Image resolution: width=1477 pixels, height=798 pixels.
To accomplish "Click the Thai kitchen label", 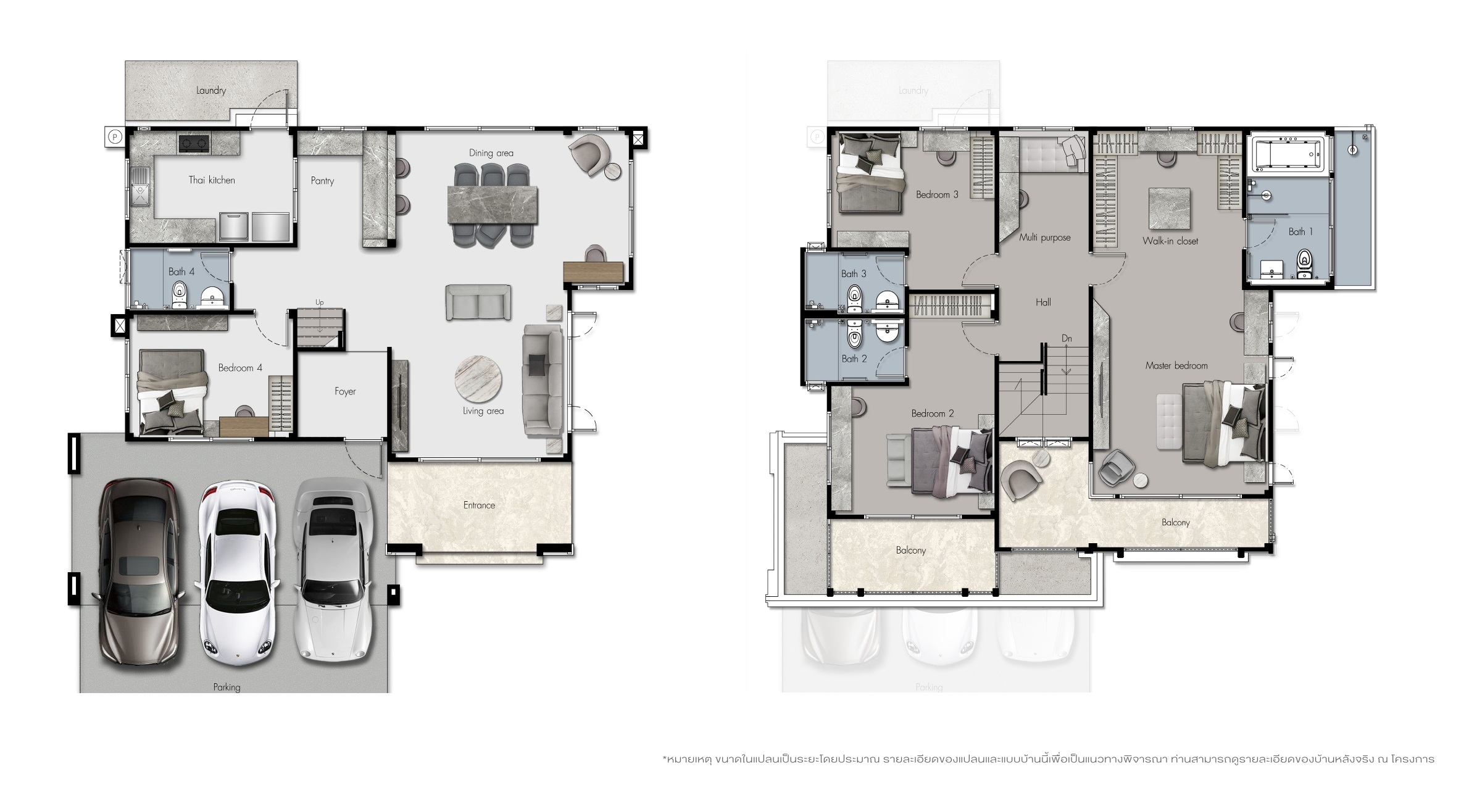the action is pos(212,180).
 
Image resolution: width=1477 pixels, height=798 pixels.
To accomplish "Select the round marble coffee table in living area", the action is pos(478,378).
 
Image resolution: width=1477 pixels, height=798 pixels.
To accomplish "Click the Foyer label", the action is pos(345,391).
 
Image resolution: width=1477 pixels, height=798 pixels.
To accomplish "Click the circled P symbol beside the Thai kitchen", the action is pos(115,137).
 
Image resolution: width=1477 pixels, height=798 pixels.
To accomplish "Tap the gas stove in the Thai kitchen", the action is pos(194,143).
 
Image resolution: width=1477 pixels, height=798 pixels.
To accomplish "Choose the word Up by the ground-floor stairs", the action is pos(320,302).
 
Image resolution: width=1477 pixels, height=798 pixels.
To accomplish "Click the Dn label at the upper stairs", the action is pos(1067,338).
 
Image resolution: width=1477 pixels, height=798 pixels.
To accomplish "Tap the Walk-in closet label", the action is pos(1170,241).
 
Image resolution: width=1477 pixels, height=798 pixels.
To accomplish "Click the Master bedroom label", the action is pos(1176,365).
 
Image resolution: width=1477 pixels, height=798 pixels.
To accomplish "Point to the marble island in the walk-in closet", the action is pos(1170,209).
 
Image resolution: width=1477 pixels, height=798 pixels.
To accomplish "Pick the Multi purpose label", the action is pos(1045,238).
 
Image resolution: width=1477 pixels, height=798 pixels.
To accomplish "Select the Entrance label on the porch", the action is pos(479,505).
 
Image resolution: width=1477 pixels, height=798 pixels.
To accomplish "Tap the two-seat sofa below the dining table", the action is pos(478,302).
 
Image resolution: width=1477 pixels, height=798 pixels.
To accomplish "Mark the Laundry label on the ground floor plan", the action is pos(211,91).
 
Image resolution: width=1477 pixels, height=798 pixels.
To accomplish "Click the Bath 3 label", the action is pos(854,273).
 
